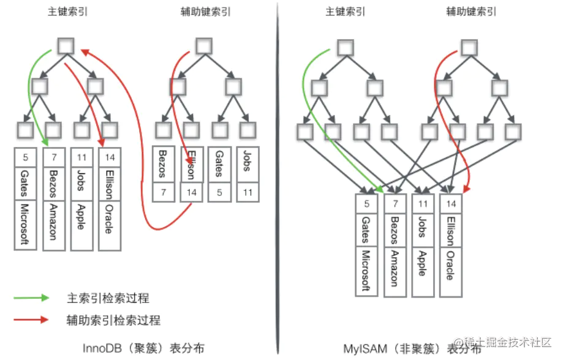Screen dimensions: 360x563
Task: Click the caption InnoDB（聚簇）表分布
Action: click(143, 348)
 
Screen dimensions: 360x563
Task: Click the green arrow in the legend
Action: click(31, 298)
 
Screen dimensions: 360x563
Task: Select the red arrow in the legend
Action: click(31, 319)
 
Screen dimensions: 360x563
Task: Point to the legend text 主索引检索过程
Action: click(108, 298)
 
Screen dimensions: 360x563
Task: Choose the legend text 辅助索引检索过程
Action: click(113, 320)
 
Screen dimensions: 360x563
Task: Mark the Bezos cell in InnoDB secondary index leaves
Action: click(162, 163)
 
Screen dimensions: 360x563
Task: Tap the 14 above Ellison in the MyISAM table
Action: click(451, 203)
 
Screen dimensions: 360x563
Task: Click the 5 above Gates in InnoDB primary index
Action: click(26, 157)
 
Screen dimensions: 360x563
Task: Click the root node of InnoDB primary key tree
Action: click(66, 45)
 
